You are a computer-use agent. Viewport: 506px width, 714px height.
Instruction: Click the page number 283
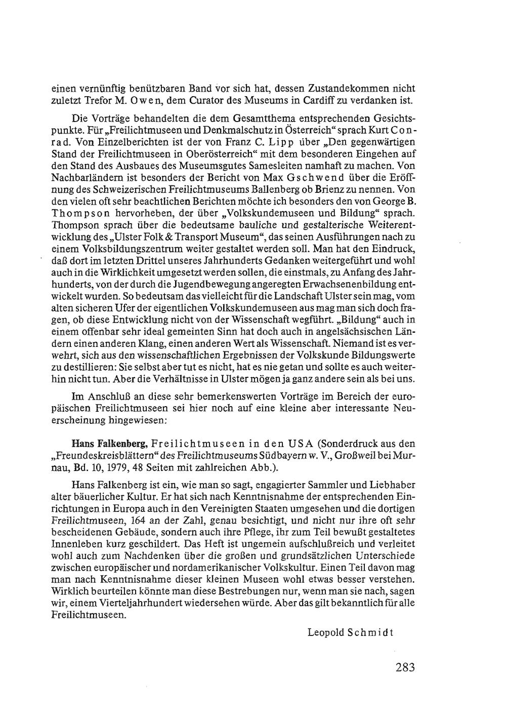405,667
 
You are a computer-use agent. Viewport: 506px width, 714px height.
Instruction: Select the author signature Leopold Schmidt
350,632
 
